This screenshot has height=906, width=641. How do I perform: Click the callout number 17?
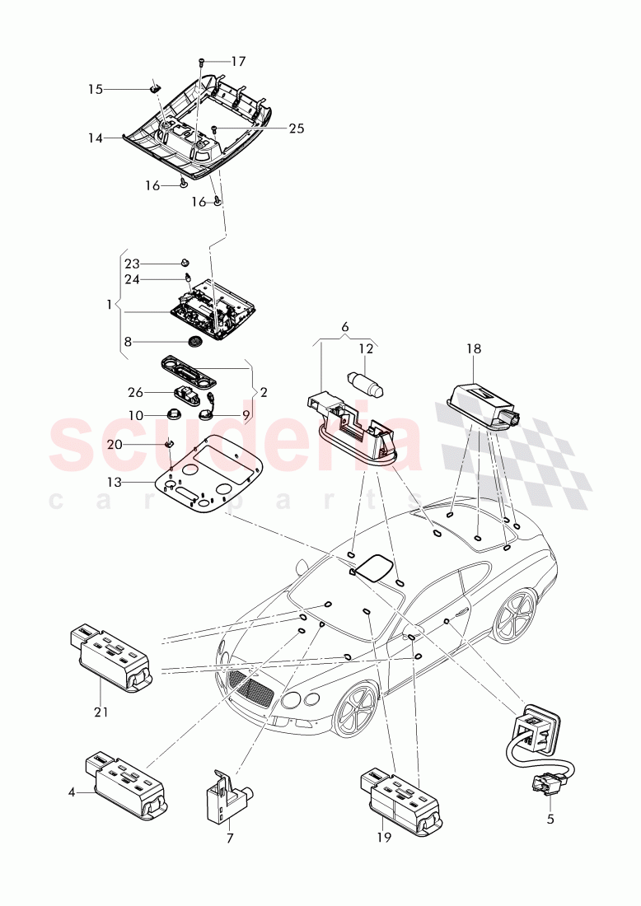coord(238,61)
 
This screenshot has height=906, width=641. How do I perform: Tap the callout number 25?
coord(296,128)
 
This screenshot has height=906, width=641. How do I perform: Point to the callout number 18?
coord(474,348)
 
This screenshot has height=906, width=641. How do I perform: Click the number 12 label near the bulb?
coord(365,348)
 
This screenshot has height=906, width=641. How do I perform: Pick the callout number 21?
coord(100,712)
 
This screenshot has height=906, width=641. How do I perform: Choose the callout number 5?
coord(550,820)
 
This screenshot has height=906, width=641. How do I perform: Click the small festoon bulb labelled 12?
coord(367,382)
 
